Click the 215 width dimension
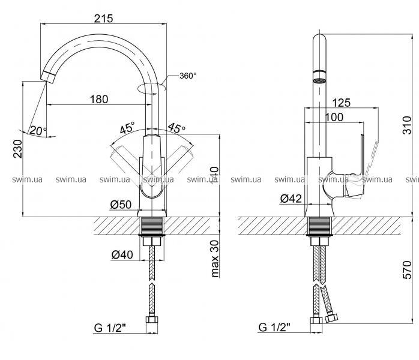point(104,18)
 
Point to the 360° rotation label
point(188,76)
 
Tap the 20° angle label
point(37,130)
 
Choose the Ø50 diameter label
point(121,204)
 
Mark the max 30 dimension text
point(215,259)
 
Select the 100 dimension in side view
point(334,117)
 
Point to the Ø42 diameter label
point(291,198)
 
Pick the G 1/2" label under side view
point(274,328)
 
